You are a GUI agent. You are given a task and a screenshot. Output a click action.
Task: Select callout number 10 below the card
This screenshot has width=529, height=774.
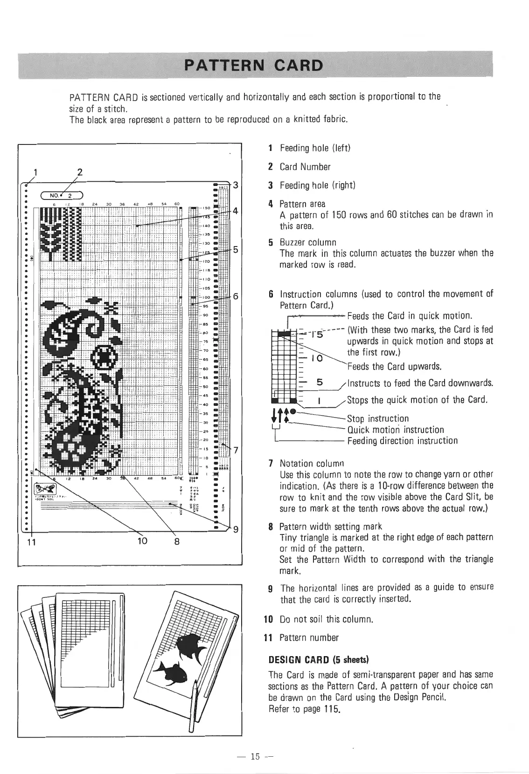click(x=142, y=541)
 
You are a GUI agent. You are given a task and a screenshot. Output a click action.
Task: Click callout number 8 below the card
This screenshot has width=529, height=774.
click(x=177, y=541)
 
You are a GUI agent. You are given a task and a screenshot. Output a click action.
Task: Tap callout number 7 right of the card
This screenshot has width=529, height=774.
click(x=236, y=450)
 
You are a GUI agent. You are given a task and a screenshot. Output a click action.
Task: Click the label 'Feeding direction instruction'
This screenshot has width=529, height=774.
click(x=403, y=441)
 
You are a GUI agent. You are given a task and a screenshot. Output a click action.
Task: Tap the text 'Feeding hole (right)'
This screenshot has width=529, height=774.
click(x=317, y=185)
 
